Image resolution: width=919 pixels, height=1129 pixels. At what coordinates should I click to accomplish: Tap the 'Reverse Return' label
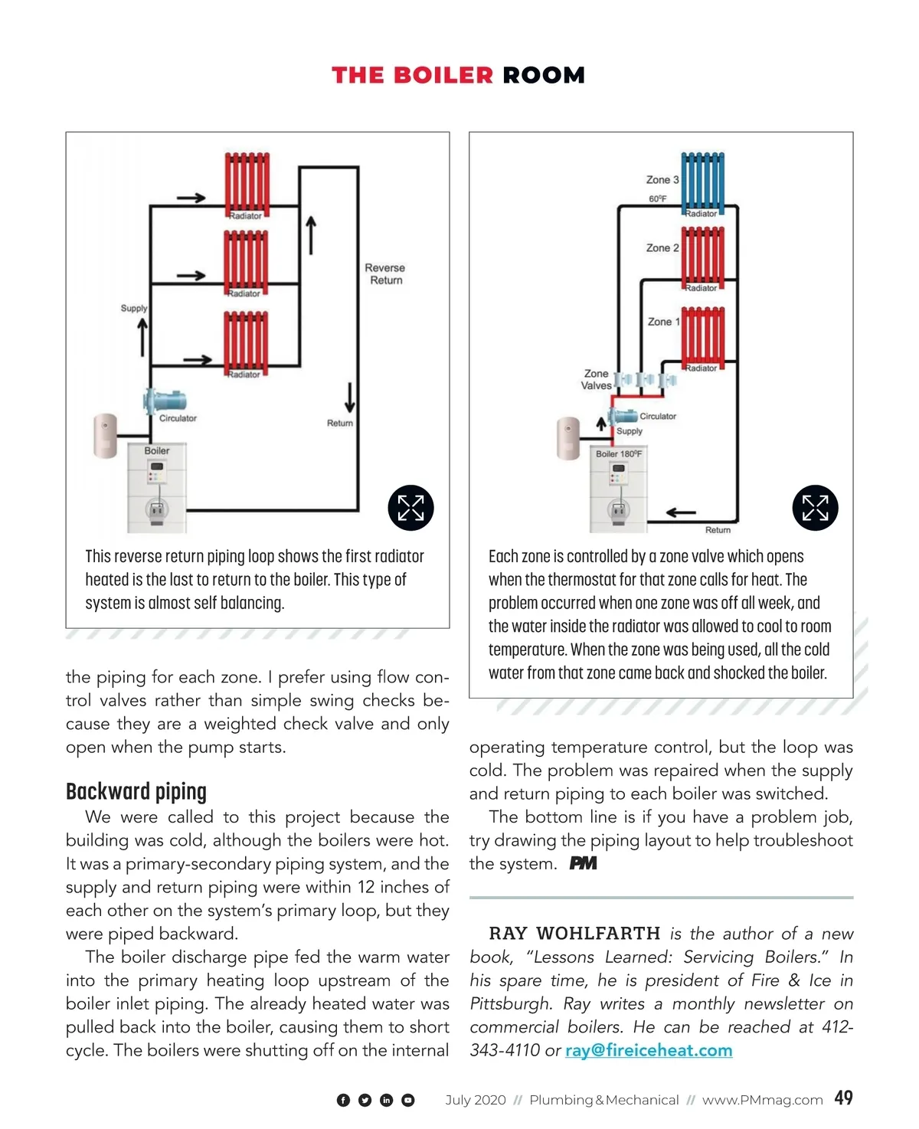[x=385, y=274]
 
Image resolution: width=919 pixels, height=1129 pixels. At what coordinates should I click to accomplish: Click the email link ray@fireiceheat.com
[x=649, y=1050]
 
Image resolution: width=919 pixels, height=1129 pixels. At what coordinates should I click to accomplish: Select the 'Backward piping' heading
[x=136, y=791]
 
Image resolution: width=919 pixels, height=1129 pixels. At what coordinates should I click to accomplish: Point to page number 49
[x=843, y=1098]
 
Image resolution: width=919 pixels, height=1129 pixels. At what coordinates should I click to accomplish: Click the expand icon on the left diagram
[x=410, y=508]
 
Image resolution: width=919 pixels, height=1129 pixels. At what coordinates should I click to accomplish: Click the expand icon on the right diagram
[x=815, y=508]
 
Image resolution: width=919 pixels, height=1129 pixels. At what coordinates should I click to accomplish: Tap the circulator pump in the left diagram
[x=165, y=400]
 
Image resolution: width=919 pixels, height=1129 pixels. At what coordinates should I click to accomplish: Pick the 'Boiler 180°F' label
[x=619, y=454]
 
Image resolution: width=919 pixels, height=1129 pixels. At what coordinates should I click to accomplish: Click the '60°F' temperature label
[x=658, y=199]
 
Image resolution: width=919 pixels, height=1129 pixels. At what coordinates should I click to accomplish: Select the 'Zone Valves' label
[x=596, y=380]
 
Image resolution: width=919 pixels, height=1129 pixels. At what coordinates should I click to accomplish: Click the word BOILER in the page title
[x=443, y=75]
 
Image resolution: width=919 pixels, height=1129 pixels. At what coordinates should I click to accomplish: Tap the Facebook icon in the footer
[x=343, y=1100]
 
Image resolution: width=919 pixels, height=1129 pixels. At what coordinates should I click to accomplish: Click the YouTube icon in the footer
[x=408, y=1100]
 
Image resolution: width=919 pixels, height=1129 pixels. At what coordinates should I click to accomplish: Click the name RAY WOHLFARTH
[x=574, y=933]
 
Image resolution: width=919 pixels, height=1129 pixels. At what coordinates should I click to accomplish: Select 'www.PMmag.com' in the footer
[x=762, y=1100]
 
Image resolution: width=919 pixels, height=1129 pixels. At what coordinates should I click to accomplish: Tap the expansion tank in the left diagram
[x=105, y=436]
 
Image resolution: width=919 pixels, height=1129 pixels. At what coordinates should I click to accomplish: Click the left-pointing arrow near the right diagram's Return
[x=681, y=512]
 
